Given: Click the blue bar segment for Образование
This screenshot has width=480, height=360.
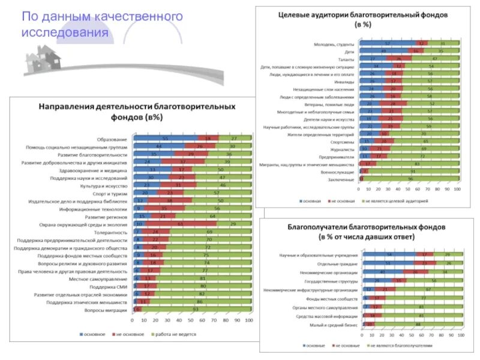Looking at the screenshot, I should point(166,139).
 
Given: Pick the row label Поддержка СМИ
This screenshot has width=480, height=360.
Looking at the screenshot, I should point(112,286).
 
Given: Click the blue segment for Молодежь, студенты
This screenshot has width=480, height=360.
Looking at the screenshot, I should point(388,44).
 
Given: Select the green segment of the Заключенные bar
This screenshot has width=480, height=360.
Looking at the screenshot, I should point(411,179).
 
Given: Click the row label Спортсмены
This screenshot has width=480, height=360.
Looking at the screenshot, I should point(343,142).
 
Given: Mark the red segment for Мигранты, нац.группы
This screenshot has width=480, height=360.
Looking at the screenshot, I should point(368,164).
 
